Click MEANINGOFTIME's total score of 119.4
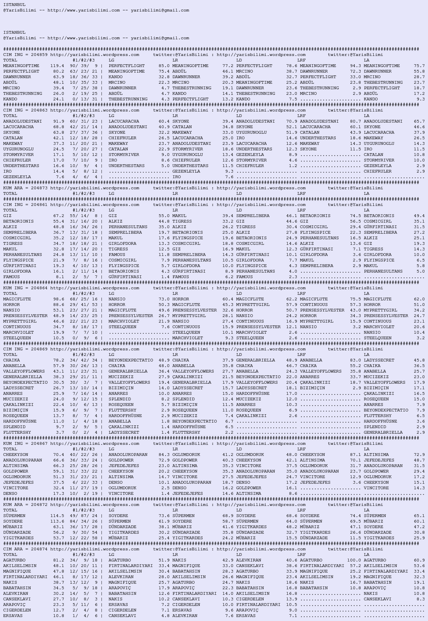(x=57, y=66)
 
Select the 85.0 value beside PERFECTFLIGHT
(x=164, y=66)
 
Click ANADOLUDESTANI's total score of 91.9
(x=58, y=121)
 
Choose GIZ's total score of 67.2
(x=58, y=216)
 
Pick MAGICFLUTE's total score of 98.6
(x=58, y=299)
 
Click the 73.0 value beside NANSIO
(x=164, y=299)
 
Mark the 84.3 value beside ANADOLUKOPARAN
(x=164, y=455)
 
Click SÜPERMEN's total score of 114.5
(x=57, y=516)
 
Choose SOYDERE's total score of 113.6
(x=57, y=521)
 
